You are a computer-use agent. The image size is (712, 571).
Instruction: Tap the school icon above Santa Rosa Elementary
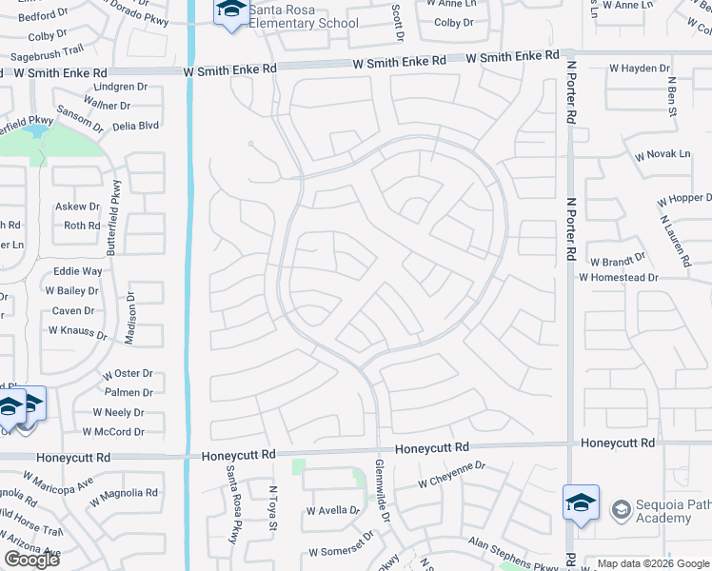(230, 11)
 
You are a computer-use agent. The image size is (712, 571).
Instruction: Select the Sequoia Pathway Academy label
(663, 511)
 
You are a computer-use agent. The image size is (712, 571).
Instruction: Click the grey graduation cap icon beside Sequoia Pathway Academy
(621, 510)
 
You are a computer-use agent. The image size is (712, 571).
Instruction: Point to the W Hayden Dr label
(641, 69)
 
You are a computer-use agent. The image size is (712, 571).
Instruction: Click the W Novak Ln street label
(663, 155)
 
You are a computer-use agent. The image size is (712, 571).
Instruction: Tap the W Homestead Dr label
(619, 277)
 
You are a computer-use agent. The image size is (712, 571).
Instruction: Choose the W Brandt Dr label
(617, 261)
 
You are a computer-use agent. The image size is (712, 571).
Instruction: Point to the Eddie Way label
(78, 271)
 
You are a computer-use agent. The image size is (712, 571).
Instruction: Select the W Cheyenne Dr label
(451, 475)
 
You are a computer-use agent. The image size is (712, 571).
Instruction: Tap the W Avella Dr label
(333, 511)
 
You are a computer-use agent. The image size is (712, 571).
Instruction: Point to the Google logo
(31, 559)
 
